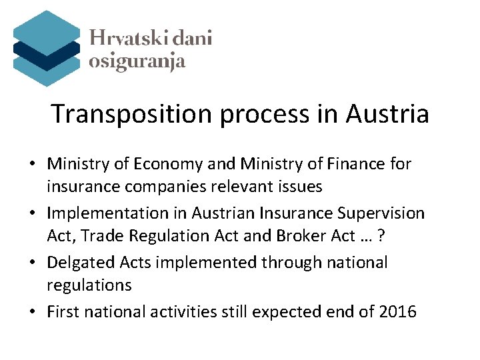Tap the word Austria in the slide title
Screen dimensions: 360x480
[387, 114]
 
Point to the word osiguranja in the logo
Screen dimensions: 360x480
[137, 62]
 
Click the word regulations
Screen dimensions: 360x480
[89, 285]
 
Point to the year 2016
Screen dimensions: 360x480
[397, 311]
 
